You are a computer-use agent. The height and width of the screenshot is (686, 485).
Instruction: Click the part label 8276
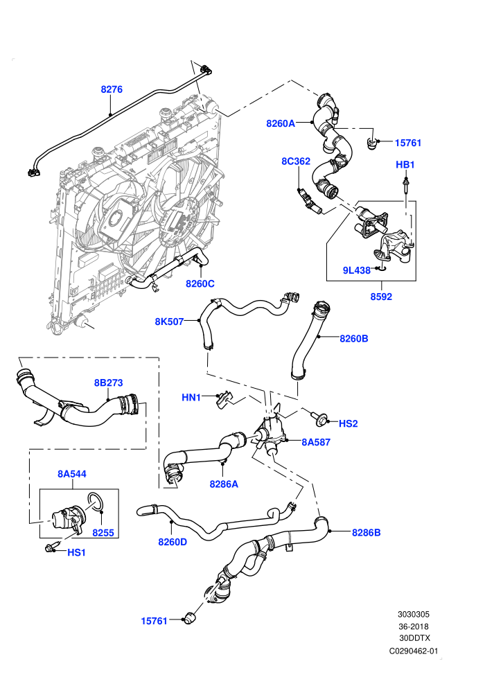(x=112, y=89)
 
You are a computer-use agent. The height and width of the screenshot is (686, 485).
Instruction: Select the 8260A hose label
(x=281, y=123)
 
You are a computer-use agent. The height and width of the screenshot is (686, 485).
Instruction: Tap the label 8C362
(x=296, y=161)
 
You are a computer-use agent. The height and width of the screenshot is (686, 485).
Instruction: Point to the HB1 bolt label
(x=405, y=164)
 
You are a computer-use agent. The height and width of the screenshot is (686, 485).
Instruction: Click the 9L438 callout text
(x=357, y=270)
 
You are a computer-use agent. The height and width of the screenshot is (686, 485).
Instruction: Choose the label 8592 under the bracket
(x=381, y=297)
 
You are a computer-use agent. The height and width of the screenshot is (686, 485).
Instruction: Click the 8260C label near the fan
(x=200, y=283)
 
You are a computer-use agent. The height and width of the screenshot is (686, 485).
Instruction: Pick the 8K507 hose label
(x=169, y=322)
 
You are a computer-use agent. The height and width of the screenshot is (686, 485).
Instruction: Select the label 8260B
(x=354, y=338)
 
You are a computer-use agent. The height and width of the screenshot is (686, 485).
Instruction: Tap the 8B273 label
(x=109, y=382)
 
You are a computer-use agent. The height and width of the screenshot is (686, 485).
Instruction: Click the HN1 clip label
(x=191, y=398)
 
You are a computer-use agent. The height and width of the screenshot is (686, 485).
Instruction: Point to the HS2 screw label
(x=348, y=423)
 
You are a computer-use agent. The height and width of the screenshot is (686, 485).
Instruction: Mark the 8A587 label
(x=316, y=442)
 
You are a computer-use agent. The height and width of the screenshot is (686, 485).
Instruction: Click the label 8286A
(x=224, y=484)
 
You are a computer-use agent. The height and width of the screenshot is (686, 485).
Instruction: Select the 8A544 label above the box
(x=72, y=474)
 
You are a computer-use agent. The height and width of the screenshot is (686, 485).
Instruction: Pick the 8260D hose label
(x=173, y=542)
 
